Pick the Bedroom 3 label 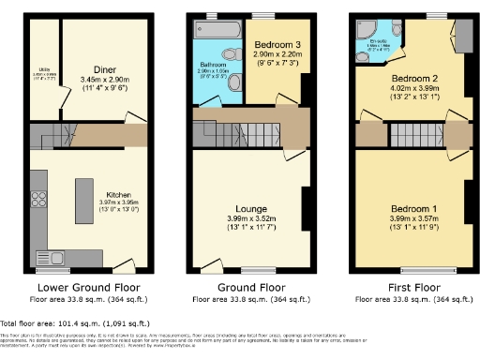(277, 45)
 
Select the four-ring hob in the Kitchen (40, 199)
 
